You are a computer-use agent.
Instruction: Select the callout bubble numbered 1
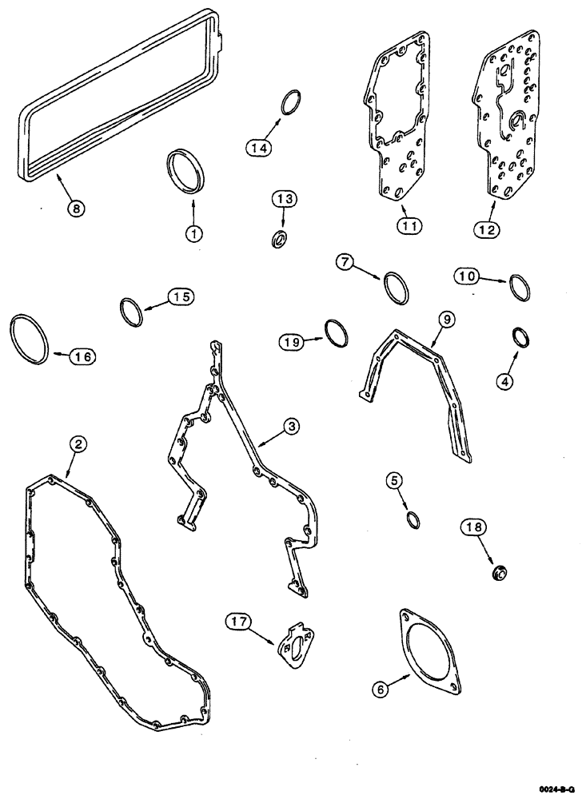point(192,233)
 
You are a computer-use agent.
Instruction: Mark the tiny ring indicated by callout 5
point(413,521)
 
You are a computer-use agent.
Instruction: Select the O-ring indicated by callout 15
point(132,311)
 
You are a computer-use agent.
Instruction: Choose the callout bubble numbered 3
point(292,427)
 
